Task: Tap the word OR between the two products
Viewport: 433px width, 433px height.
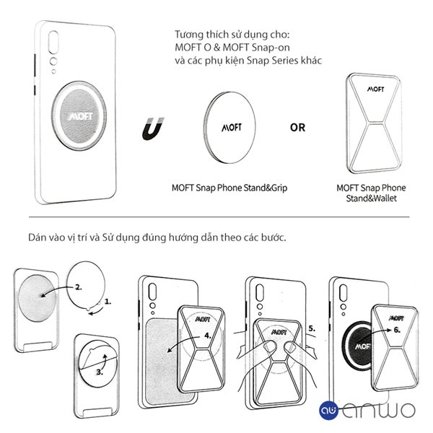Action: pos(297,128)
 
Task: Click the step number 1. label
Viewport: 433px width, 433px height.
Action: pos(108,302)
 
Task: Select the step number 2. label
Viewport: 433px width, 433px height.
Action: pos(79,287)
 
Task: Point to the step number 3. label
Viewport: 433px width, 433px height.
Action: pos(100,372)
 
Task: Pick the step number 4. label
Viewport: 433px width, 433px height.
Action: pos(208,336)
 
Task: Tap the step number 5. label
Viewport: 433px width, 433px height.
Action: pos(312,328)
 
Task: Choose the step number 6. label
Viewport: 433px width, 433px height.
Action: pos(397,330)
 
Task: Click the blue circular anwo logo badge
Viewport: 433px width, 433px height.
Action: pos(328,411)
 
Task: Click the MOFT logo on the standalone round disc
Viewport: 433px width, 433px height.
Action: pos(232,127)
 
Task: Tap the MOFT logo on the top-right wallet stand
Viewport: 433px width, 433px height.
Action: pos(375,89)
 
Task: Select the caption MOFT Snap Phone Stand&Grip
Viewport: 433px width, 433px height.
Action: pos(229,188)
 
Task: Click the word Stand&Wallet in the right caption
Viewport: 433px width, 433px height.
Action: pos(372,198)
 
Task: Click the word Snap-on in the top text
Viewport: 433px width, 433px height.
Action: pos(271,48)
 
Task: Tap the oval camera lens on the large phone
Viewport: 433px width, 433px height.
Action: pos(53,42)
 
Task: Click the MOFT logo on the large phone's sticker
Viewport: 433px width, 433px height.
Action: pos(81,116)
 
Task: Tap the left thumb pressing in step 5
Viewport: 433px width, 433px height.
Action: pos(269,347)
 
